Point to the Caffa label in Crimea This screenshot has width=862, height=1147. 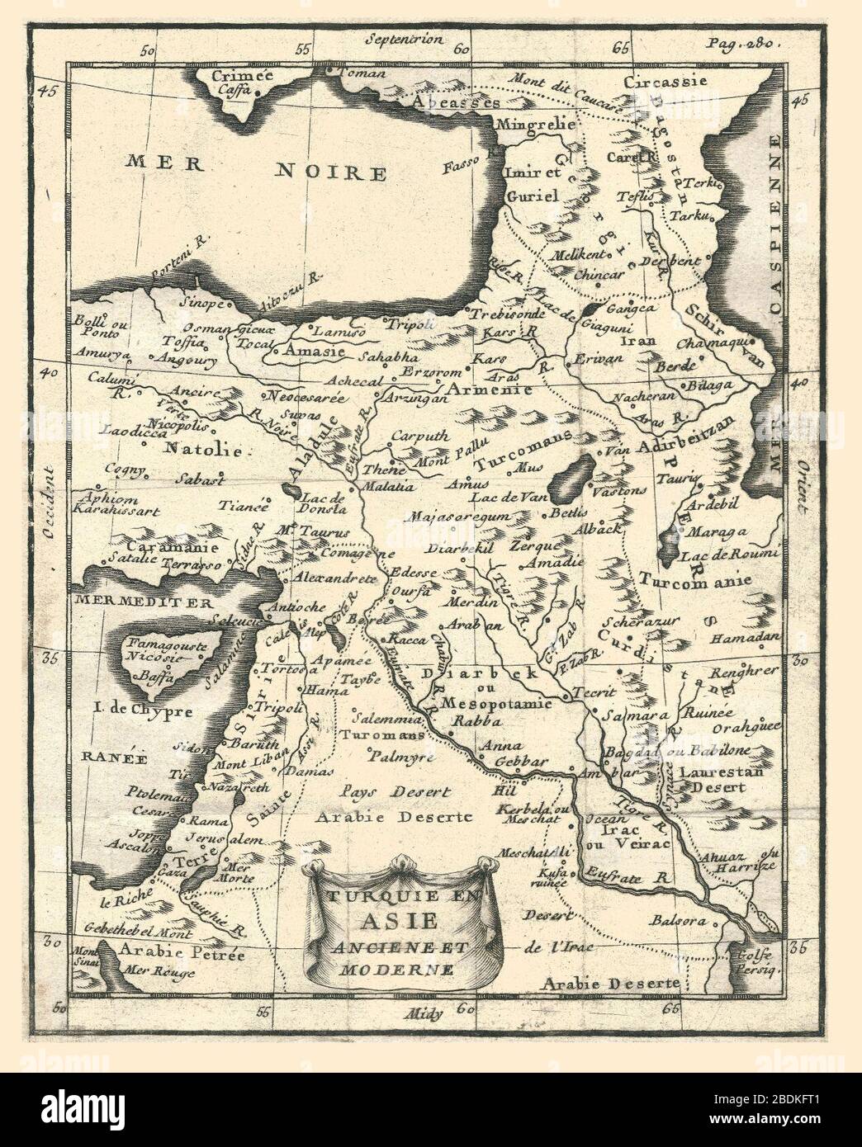tap(234, 92)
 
